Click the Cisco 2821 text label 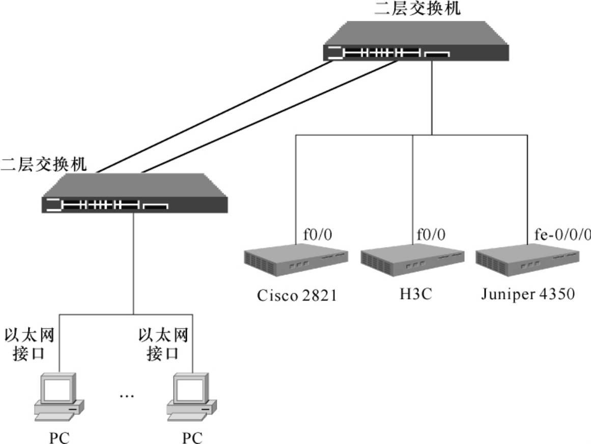click(x=297, y=295)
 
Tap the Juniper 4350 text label click(x=528, y=295)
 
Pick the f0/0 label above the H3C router click(x=431, y=234)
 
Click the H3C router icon click(x=412, y=263)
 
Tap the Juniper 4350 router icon click(x=527, y=263)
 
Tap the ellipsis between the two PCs click(x=126, y=395)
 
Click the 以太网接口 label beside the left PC click(x=29, y=345)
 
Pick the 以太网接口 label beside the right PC click(x=163, y=345)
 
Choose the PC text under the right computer click(x=192, y=437)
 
